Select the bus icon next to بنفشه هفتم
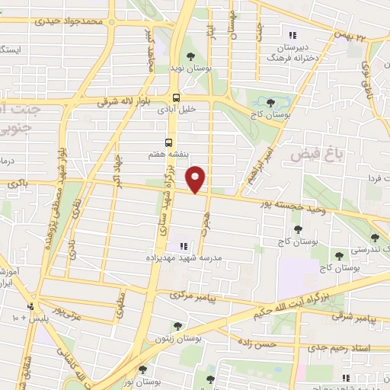tap(168, 142)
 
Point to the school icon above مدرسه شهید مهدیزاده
tap(183, 245)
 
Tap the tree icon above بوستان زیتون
tap(177, 326)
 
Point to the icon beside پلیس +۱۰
tap(30, 307)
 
